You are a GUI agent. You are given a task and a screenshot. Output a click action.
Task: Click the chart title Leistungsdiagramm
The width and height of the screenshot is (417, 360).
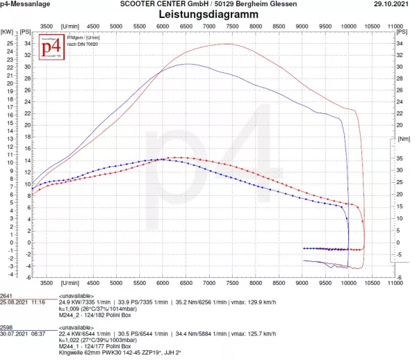click(208, 14)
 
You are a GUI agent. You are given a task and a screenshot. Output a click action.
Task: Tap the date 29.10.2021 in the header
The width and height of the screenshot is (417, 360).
click(393, 4)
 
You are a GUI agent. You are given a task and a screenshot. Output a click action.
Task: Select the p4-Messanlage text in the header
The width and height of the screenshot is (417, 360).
click(24, 4)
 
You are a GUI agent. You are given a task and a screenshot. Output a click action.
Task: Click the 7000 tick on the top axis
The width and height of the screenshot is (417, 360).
click(209, 26)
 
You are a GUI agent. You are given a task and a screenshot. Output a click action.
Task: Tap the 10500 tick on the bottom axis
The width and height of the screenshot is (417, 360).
click(372, 284)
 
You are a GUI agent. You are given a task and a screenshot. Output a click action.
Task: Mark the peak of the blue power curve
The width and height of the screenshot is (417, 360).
click(188, 64)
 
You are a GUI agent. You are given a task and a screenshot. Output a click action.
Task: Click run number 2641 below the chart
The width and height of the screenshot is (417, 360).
click(8, 295)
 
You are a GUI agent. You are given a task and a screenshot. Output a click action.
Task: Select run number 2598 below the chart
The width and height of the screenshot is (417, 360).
click(8, 326)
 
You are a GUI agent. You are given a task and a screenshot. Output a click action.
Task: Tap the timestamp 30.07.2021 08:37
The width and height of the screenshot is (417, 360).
click(23, 334)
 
